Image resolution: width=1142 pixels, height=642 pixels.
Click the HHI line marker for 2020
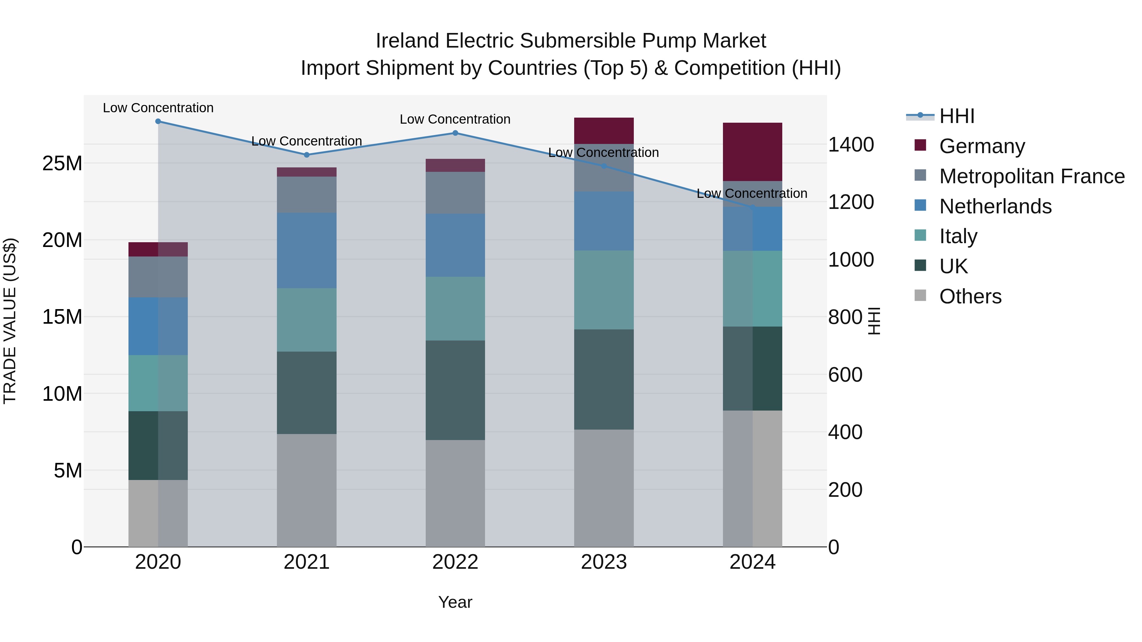click(x=158, y=121)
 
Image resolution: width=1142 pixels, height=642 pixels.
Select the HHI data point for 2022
click(x=455, y=133)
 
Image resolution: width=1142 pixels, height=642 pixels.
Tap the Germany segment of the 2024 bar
click(x=752, y=152)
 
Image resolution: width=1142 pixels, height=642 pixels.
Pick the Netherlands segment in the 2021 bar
click(x=306, y=250)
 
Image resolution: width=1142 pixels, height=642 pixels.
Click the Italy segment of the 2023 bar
click(x=603, y=290)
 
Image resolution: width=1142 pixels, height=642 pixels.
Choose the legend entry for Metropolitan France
click(x=1032, y=176)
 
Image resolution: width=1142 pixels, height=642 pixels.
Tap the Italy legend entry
click(x=958, y=236)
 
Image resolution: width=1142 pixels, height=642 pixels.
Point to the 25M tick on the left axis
click(x=62, y=164)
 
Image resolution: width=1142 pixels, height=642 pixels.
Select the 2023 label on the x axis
click(x=603, y=562)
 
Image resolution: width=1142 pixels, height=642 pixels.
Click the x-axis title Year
click(x=455, y=602)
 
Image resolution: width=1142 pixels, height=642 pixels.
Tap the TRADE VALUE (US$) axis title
click(x=10, y=321)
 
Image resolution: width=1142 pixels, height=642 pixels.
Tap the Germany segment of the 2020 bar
click(x=158, y=250)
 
